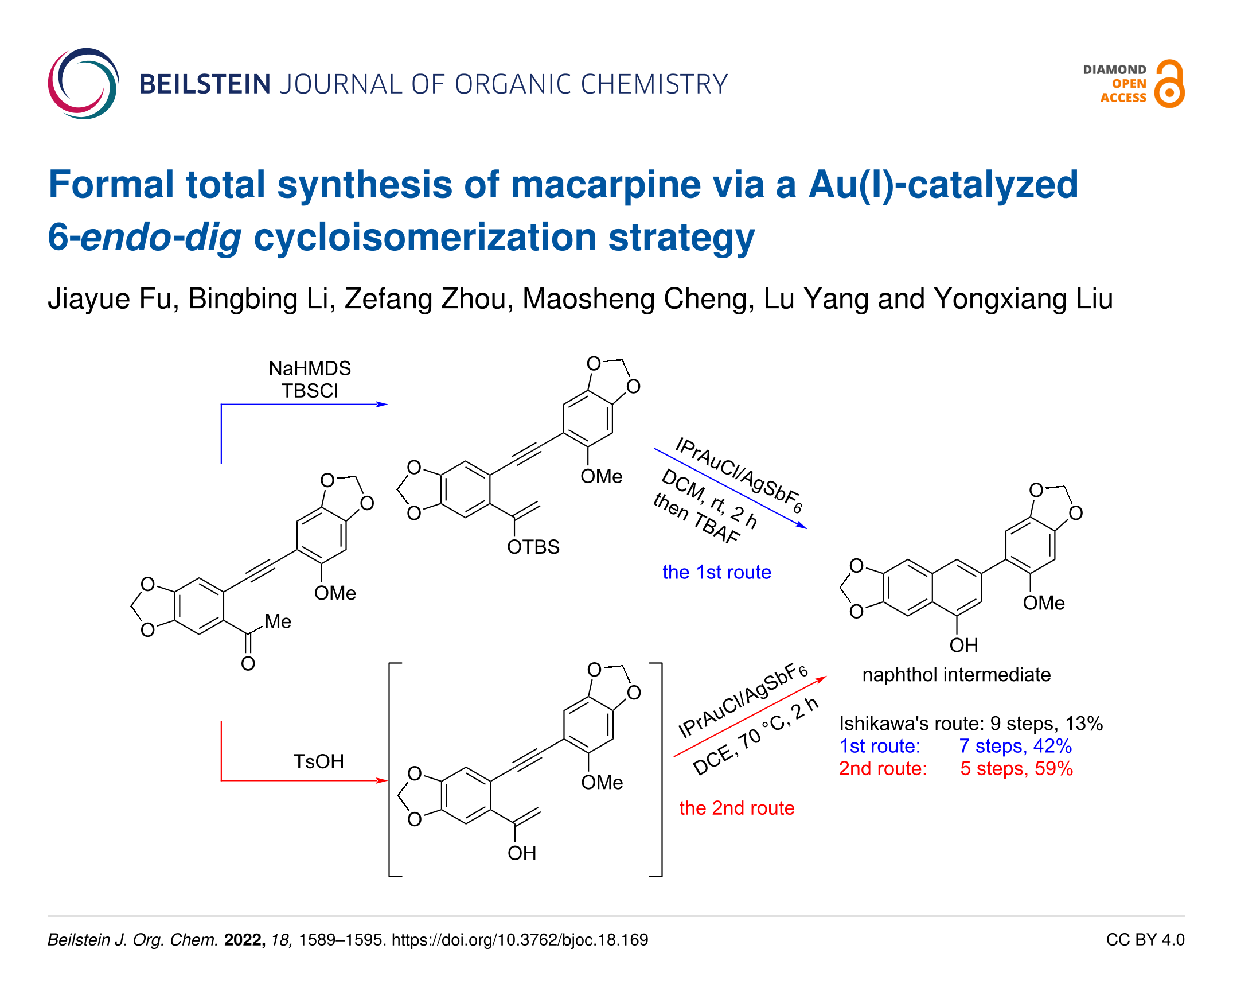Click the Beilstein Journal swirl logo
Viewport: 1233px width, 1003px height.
(84, 84)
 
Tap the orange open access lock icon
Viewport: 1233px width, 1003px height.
(1169, 84)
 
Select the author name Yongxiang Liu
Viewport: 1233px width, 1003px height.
(1023, 300)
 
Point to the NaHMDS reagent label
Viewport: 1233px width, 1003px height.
(310, 368)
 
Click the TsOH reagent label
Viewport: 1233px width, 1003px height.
(318, 761)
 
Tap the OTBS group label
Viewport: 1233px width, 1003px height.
(533, 547)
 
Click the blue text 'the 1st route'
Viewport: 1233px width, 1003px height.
(717, 572)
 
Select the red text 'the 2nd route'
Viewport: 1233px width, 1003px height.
(736, 808)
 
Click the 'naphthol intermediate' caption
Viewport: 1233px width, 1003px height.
(957, 675)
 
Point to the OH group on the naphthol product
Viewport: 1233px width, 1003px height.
(964, 645)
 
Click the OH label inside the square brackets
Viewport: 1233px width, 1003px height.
(522, 853)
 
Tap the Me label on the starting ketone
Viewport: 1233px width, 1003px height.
(278, 621)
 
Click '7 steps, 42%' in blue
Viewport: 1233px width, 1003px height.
(1015, 746)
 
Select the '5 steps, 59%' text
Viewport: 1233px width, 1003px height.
(1016, 768)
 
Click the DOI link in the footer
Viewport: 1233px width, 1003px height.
(520, 940)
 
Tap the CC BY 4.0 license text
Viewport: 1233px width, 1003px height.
(1145, 940)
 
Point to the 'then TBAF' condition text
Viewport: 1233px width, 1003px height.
(696, 518)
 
